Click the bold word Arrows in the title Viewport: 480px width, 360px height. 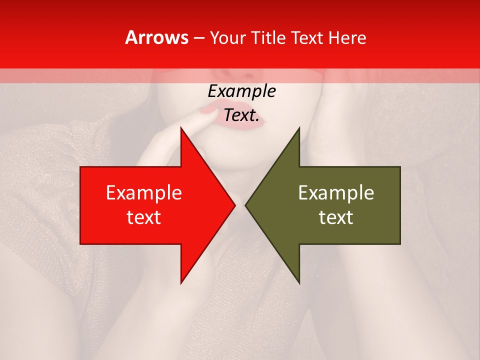pos(156,38)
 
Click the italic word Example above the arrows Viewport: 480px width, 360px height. pos(241,91)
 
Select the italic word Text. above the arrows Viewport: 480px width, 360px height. pos(241,115)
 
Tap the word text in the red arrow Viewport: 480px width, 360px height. pos(144,217)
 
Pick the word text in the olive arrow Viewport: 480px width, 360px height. pos(336,217)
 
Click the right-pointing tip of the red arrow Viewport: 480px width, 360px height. pos(233,205)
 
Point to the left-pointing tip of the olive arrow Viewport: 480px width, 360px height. pos(246,205)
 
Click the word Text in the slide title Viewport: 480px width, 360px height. pos(306,38)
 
